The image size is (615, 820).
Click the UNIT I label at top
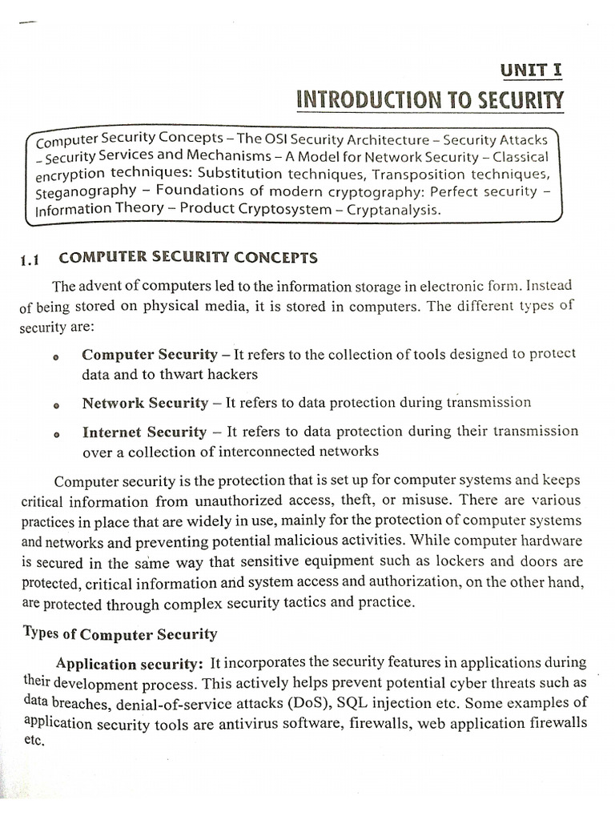(x=531, y=70)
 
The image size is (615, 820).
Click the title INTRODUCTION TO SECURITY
(x=430, y=101)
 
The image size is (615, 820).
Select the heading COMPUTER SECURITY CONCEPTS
(x=188, y=258)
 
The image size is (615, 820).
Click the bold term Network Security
(x=145, y=403)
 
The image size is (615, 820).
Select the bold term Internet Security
(x=144, y=432)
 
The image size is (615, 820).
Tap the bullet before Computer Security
(x=56, y=358)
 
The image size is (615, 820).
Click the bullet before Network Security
(x=56, y=407)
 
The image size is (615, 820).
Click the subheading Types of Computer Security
(x=118, y=634)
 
